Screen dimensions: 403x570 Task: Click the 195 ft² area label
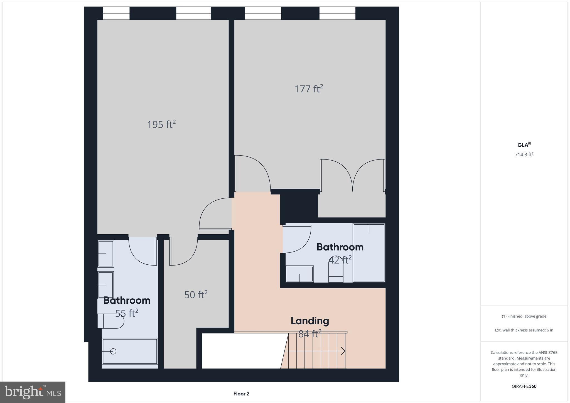(x=161, y=124)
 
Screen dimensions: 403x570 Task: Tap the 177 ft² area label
(x=309, y=89)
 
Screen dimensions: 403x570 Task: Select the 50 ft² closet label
(x=196, y=295)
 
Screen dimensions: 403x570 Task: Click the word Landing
(x=310, y=321)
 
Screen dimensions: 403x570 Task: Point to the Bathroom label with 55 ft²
(x=127, y=301)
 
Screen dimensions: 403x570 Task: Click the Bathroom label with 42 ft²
(x=340, y=247)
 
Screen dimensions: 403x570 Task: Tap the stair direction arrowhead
(x=343, y=351)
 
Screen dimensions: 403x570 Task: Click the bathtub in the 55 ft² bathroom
(x=130, y=351)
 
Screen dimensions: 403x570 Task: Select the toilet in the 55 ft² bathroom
(x=111, y=321)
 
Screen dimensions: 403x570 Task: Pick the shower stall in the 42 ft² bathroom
(x=369, y=253)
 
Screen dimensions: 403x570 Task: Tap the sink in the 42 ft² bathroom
(x=300, y=274)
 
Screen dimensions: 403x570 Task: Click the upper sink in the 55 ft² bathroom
(x=106, y=254)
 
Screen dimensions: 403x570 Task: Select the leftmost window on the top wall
(x=116, y=13)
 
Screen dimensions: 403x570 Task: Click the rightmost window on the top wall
(x=337, y=13)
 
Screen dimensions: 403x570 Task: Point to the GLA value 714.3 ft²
(x=524, y=155)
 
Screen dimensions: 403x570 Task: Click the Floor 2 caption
(x=241, y=394)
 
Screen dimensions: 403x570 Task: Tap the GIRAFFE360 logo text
(x=524, y=386)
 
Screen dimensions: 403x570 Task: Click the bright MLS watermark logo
(x=33, y=392)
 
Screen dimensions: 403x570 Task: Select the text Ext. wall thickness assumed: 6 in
(x=524, y=330)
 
